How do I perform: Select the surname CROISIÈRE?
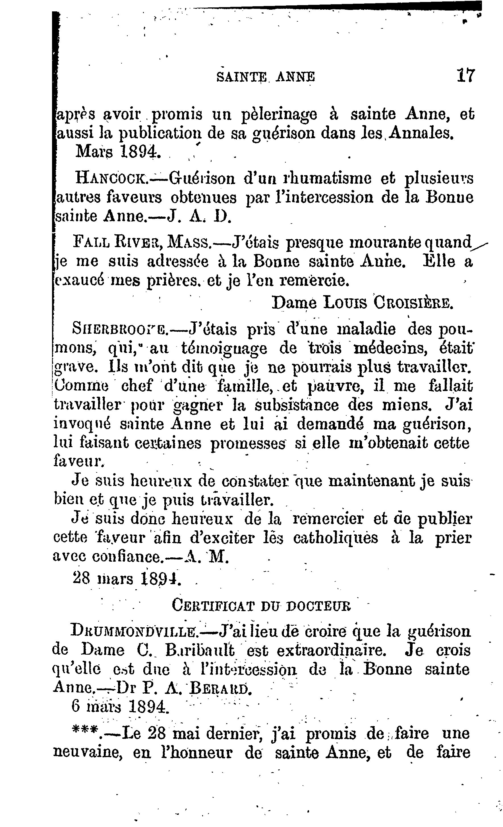pyautogui.click(x=413, y=303)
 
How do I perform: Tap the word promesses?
pyautogui.click(x=248, y=444)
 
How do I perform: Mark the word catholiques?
pyautogui.click(x=335, y=538)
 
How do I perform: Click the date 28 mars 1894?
pyautogui.click(x=127, y=578)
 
